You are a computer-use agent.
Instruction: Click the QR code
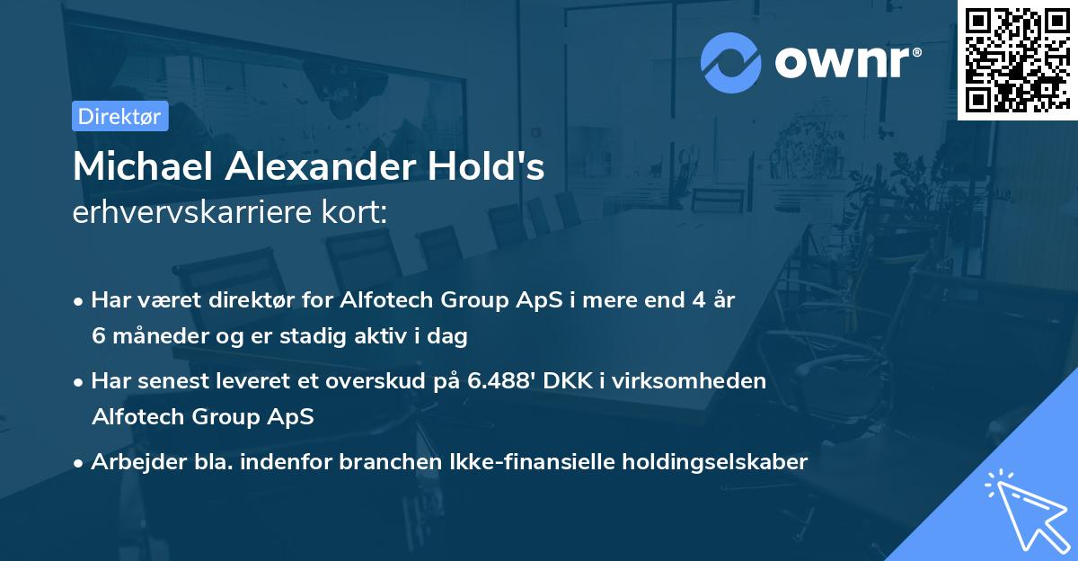[1017, 59]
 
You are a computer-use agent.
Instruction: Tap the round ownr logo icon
[730, 62]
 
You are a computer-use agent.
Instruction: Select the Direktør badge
[119, 116]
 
